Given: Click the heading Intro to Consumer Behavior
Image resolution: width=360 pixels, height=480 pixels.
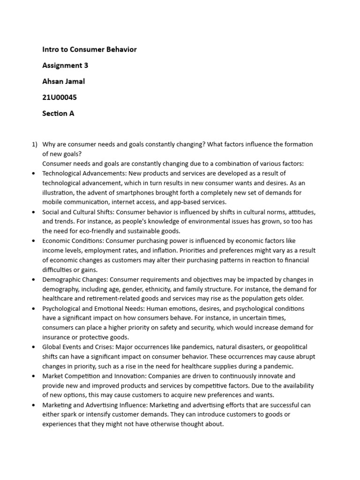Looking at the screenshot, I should pos(89,49).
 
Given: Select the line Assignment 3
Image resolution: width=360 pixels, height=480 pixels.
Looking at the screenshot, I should pos(65,65).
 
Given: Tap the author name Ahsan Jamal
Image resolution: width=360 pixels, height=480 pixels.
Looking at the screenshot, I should pos(64,82).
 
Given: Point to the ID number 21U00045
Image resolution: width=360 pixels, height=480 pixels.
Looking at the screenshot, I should pos(60,97).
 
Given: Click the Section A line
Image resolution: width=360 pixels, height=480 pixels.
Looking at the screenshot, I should pos(58,113).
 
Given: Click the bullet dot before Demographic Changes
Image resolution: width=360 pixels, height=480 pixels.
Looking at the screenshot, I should pos(33,280).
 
